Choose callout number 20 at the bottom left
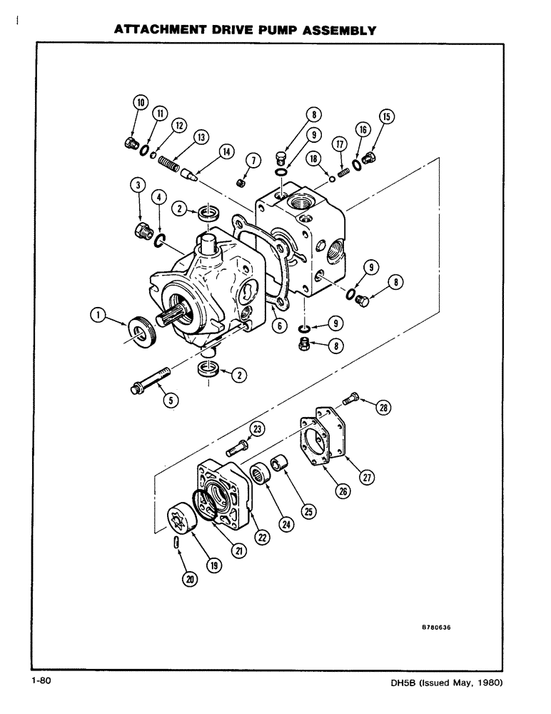coord(190,580)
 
